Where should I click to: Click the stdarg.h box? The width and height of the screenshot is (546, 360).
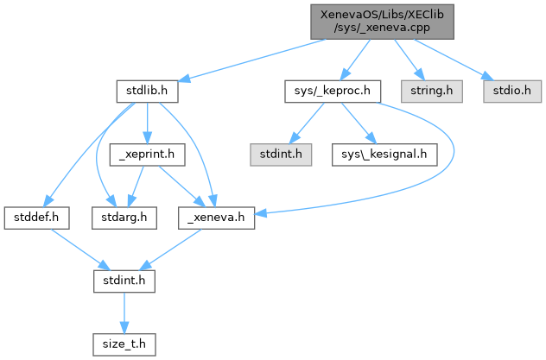coord(121,217)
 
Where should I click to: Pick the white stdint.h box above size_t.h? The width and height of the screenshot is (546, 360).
coord(124,281)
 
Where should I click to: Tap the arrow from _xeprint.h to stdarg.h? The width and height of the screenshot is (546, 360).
coord(135,185)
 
